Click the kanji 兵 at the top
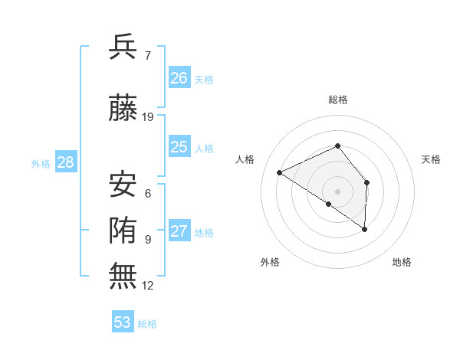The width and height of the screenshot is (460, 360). click(x=123, y=47)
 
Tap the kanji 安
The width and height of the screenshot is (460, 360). click(x=123, y=185)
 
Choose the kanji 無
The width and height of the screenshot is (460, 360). click(x=123, y=277)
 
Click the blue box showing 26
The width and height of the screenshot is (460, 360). click(x=179, y=77)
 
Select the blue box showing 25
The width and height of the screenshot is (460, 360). click(x=179, y=147)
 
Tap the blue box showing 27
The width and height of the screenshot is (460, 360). click(x=179, y=231)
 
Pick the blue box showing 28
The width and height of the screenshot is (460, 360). click(x=65, y=162)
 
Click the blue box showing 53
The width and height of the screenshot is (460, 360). click(x=123, y=322)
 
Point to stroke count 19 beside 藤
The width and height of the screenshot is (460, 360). click(x=148, y=117)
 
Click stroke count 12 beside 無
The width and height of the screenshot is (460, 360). click(x=148, y=286)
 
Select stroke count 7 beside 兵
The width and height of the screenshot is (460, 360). click(x=147, y=55)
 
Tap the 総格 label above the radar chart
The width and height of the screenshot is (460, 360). click(x=337, y=100)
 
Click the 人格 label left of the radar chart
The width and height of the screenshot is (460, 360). click(x=245, y=159)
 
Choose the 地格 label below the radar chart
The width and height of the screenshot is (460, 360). click(x=402, y=262)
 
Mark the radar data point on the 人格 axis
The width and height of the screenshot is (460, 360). click(x=280, y=172)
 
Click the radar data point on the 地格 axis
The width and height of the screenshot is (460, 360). click(x=365, y=229)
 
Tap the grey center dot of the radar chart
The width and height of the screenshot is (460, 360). click(x=337, y=191)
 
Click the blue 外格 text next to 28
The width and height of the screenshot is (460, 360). click(x=41, y=163)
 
